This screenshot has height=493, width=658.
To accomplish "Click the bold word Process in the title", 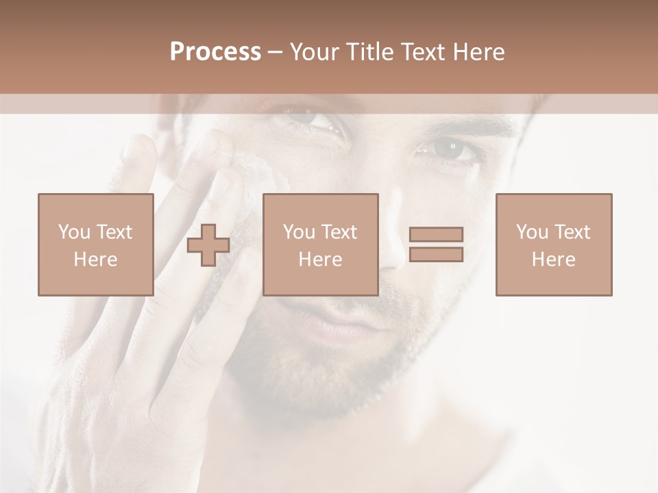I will coord(215,52).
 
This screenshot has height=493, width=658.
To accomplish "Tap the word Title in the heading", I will coord(369,52).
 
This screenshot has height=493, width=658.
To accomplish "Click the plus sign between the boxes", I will coord(208,245).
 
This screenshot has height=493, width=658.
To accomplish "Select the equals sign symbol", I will coord(436,244).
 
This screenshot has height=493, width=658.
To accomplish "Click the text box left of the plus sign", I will coord(95,244).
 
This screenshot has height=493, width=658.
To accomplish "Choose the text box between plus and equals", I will coord(320,244).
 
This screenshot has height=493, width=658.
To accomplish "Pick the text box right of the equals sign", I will coord(553,244).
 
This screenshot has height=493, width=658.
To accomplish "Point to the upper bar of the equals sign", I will coord(436,234).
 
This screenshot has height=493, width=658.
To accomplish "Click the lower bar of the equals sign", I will coord(436,255).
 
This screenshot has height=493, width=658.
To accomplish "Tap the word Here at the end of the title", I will coord(478,52).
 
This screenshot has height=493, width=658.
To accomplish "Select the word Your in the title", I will coord(315,52).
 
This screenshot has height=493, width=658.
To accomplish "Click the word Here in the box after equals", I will coord(553,260).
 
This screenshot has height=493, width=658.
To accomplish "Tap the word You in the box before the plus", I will coord(73,232).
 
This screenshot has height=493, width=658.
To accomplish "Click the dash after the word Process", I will coord(276,53).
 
